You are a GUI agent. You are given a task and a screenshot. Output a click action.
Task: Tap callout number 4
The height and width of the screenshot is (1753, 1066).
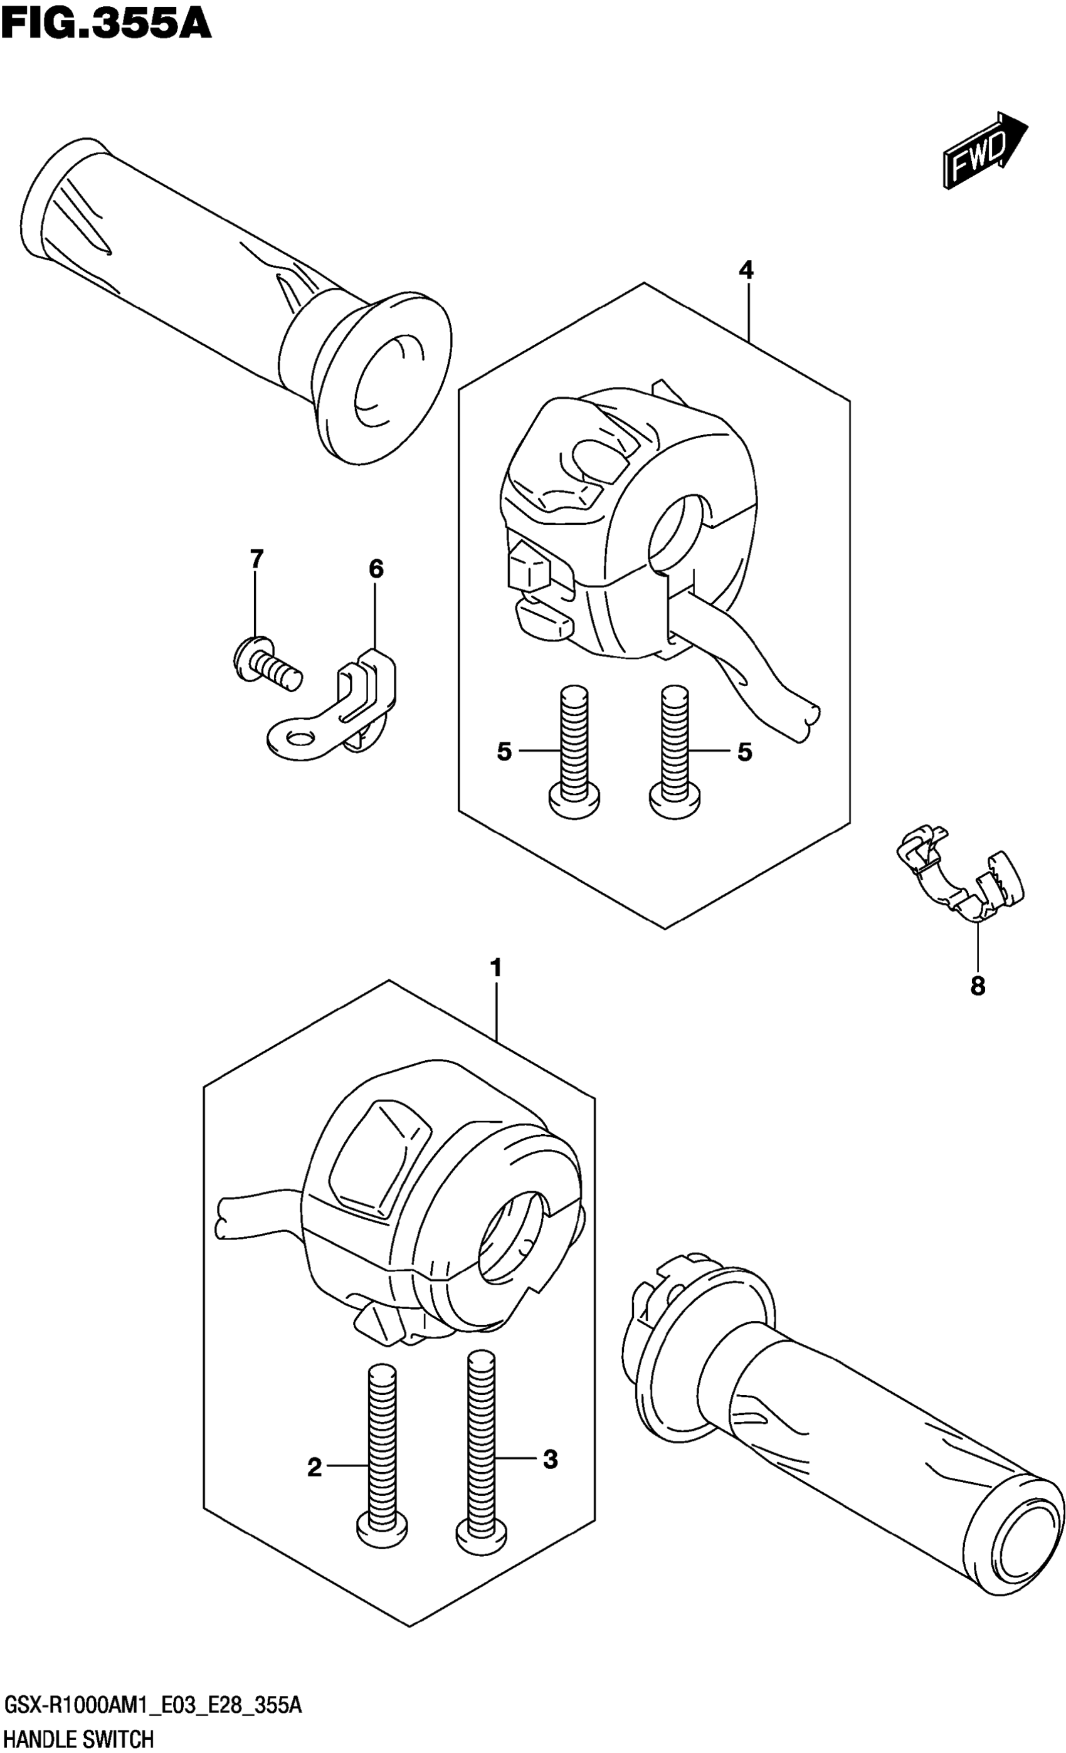click(x=746, y=270)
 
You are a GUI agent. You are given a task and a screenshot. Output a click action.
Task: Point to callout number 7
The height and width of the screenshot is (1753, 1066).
click(x=256, y=559)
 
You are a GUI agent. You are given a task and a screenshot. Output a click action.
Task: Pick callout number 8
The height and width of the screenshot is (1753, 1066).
click(x=977, y=986)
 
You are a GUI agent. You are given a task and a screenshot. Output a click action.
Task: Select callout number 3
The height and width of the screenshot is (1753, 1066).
click(x=550, y=1460)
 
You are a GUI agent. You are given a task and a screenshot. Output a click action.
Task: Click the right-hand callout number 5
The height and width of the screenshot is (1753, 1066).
click(x=744, y=751)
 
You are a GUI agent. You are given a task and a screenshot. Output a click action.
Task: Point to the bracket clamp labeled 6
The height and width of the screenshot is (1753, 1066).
click(x=334, y=712)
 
